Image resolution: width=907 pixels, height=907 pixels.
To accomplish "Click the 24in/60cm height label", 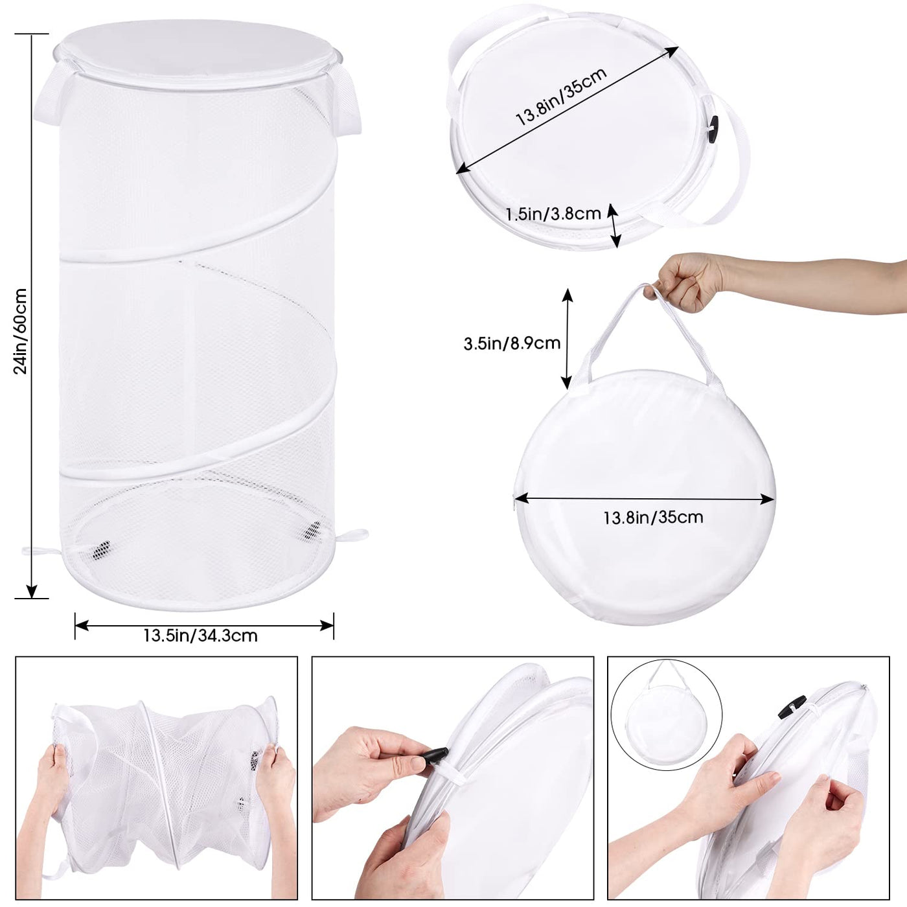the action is [x=21, y=331].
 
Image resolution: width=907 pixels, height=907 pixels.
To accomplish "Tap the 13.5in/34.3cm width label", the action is [x=200, y=636].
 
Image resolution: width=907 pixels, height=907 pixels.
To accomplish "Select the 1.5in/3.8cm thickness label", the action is [x=553, y=214].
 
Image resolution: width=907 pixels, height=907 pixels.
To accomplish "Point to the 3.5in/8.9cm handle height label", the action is [x=512, y=343].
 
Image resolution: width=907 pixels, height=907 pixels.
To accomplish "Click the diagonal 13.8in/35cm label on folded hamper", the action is [x=561, y=97].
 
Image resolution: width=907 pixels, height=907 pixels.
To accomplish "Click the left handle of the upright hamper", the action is [x=52, y=99].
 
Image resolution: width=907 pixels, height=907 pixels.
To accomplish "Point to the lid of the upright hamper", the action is [x=198, y=54].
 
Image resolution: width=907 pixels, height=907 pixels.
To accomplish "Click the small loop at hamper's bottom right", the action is [x=353, y=535].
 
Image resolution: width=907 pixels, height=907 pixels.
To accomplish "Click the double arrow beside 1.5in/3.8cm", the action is [x=614, y=225].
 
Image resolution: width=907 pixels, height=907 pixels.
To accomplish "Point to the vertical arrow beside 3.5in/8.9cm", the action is [x=567, y=338].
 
